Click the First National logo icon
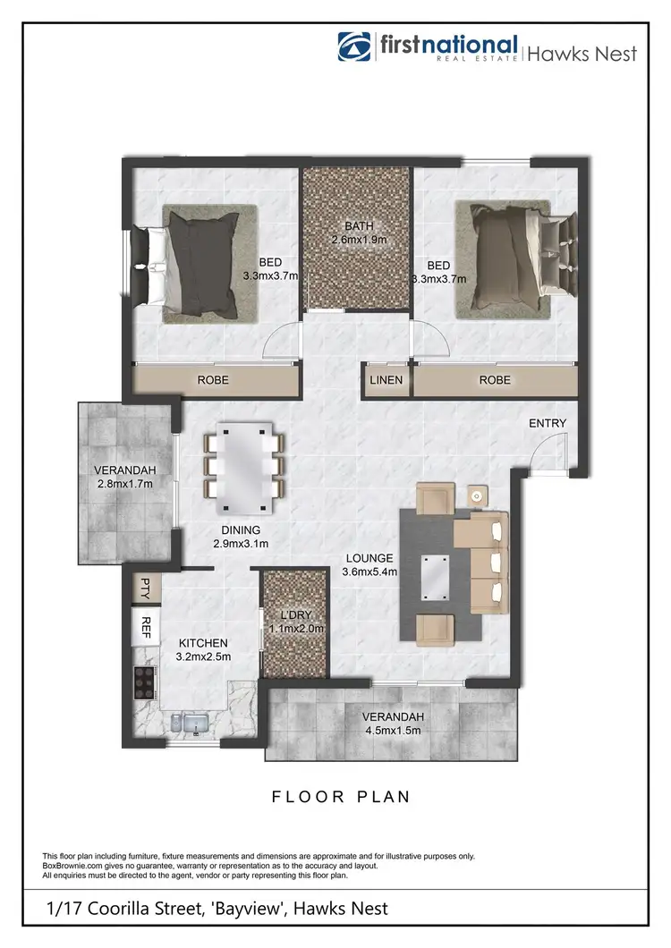353,47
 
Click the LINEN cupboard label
386,380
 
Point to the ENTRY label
547,423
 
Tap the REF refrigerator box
145,627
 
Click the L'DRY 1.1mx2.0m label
293,622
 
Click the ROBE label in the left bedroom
213,380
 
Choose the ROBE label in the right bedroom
495,380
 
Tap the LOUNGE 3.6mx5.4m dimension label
371,565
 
